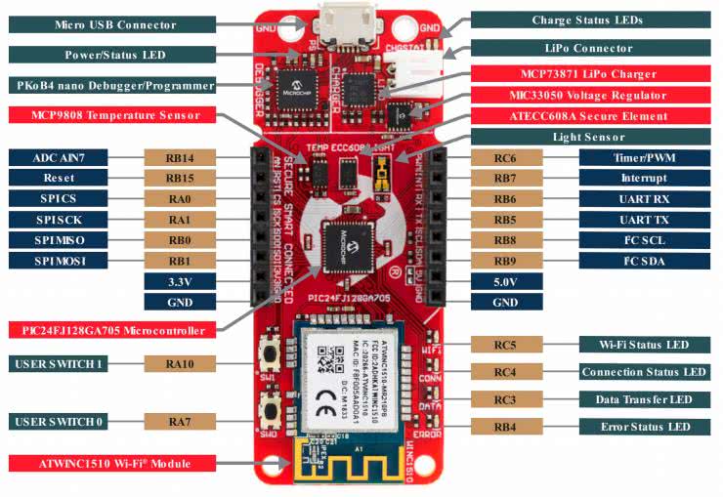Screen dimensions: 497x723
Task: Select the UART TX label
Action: (x=643, y=220)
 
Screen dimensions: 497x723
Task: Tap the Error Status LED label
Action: (x=643, y=427)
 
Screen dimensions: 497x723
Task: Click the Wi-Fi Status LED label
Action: (x=643, y=345)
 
